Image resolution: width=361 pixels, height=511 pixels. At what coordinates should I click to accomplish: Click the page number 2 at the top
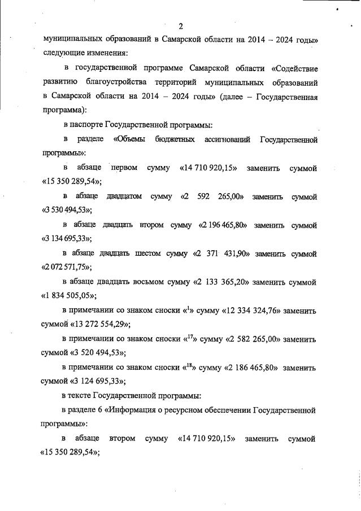181,25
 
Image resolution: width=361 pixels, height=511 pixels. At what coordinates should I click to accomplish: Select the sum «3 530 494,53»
67,209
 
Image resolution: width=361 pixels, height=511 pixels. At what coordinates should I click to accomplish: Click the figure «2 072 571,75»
67,267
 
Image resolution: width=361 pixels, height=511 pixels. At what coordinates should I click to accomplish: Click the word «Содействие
294,69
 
